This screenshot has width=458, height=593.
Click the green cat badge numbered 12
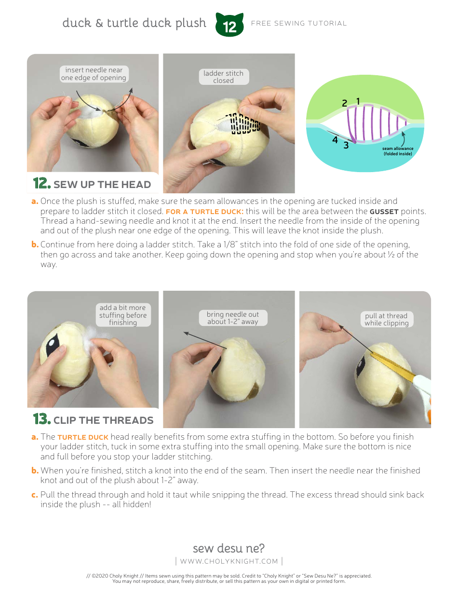[229, 25]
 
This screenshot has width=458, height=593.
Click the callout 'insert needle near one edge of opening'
[94, 74]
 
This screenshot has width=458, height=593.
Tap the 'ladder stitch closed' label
[223, 77]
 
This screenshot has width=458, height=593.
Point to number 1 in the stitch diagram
[358, 101]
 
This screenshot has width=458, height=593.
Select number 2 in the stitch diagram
[344, 103]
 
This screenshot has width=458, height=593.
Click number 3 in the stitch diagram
[346, 145]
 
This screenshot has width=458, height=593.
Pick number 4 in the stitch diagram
[335, 140]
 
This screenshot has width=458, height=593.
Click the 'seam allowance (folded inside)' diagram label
[398, 151]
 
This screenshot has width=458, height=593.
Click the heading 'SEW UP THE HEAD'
[102, 185]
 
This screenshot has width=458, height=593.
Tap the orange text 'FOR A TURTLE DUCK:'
[204, 212]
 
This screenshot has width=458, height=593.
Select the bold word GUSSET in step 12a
[384, 212]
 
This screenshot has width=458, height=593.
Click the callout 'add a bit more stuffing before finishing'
[122, 315]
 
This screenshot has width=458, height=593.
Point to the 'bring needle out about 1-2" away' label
[233, 318]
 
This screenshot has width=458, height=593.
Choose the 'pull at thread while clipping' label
[386, 320]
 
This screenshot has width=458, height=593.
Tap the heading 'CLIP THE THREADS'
[103, 420]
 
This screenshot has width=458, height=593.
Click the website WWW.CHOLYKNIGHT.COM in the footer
[229, 561]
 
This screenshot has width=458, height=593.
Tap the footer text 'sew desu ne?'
[229, 548]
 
